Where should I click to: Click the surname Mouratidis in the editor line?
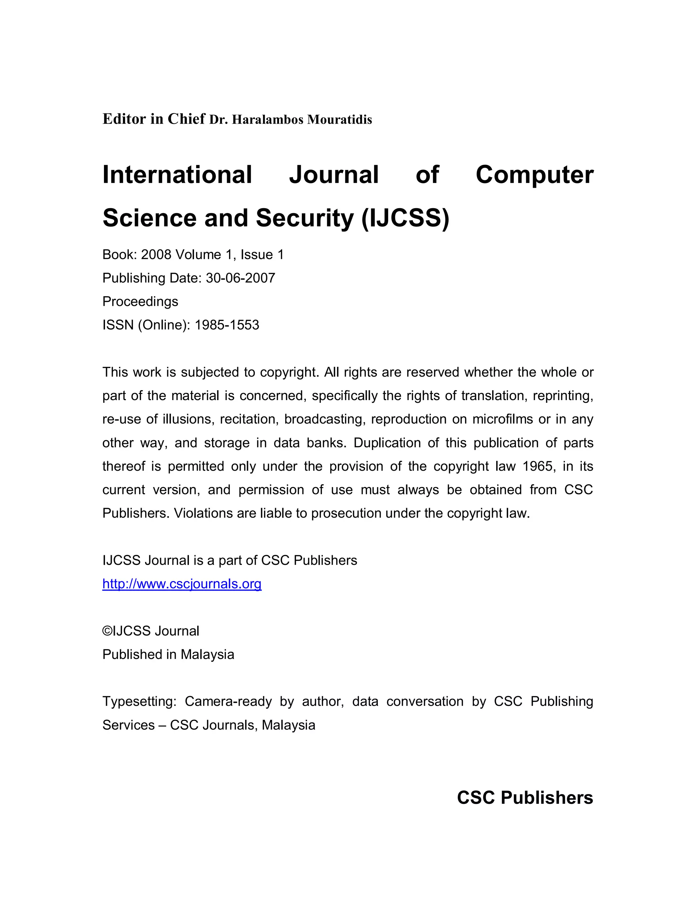340,120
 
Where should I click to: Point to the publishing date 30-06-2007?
240,278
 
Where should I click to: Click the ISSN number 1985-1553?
227,325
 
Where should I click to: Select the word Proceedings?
140,302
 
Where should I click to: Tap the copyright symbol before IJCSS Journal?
107,631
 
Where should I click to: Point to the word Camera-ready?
228,701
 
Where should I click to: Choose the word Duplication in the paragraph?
387,443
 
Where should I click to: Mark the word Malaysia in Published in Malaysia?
207,654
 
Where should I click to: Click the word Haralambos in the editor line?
267,120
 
